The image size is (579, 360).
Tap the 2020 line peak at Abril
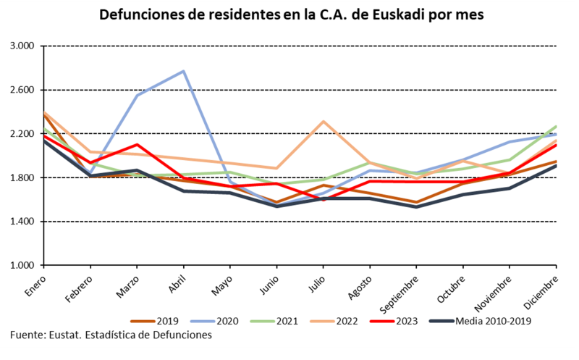tap(184, 71)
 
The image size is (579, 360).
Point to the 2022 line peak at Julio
tap(324, 121)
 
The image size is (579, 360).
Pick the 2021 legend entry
tap(278, 320)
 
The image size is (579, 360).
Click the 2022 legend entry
tap(337, 320)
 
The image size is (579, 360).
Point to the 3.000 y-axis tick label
tap(25, 46)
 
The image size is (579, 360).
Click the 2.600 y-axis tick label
tap(25, 90)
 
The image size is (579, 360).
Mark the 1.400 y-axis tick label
tap(25, 222)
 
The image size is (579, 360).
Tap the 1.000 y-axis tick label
tap(25, 266)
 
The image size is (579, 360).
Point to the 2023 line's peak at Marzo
tap(137, 144)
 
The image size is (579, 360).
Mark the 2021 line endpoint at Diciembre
tap(556, 126)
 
